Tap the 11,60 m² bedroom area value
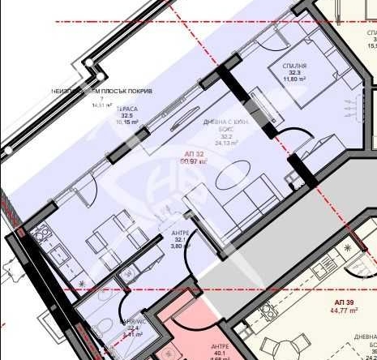click(294, 80)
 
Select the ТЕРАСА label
click(126, 108)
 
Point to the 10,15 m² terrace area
click(126, 123)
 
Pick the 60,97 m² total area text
click(195, 162)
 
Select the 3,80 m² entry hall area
click(180, 246)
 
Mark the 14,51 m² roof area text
click(103, 104)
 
